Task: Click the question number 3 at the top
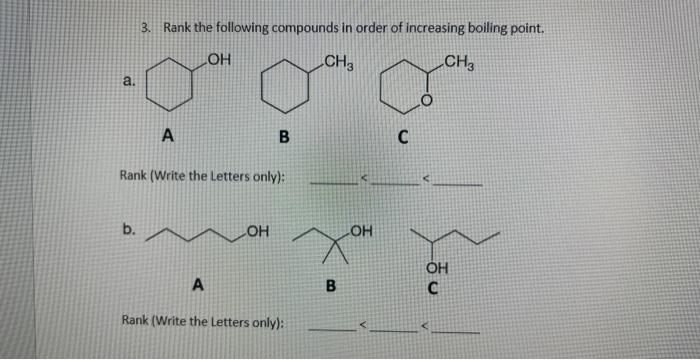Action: point(146,27)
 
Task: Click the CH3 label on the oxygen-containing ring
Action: point(460,65)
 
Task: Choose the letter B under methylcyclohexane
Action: point(283,139)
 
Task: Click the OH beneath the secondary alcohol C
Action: point(438,267)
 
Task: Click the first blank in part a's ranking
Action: point(333,182)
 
